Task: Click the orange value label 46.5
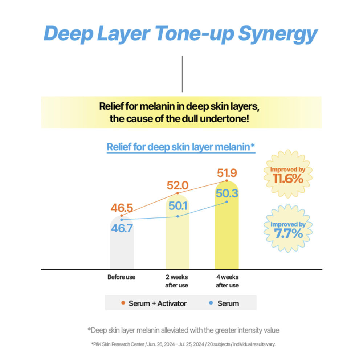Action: pos(122,208)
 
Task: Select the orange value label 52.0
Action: pos(178,186)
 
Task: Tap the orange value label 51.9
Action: pos(227,173)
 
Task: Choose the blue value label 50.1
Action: pos(178,206)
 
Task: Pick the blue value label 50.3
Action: pos(227,193)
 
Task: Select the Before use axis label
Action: pos(121,277)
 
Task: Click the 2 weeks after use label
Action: pos(177,281)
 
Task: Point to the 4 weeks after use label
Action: pos(227,281)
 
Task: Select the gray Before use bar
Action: pos(121,247)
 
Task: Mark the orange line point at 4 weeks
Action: pos(227,180)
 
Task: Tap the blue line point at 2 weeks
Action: pos(178,216)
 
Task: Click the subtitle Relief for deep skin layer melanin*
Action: pos(181,147)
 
